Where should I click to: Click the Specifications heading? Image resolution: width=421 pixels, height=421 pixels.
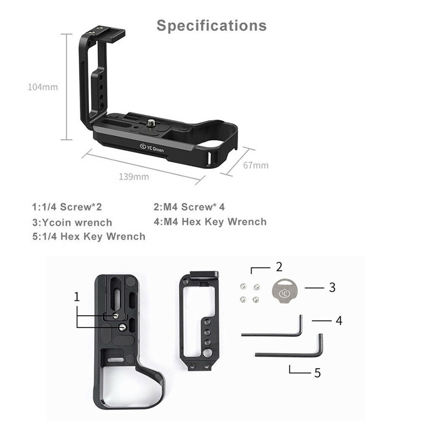(212, 25)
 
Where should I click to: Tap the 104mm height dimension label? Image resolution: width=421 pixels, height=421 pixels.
(43, 87)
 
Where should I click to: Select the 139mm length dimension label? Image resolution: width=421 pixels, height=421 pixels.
(133, 176)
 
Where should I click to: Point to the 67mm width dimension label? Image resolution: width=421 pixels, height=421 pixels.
(256, 165)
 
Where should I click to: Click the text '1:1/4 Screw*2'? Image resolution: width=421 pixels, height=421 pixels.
(67, 207)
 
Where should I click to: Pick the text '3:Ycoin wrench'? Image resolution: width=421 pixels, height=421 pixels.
(72, 222)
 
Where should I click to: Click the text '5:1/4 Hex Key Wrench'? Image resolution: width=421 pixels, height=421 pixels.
(88, 236)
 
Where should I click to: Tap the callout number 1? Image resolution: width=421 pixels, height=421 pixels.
(77, 297)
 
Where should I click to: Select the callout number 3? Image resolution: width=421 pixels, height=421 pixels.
(332, 288)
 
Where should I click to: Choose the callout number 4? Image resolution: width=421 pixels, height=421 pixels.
(338, 321)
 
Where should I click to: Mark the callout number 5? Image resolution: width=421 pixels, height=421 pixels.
(317, 372)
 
